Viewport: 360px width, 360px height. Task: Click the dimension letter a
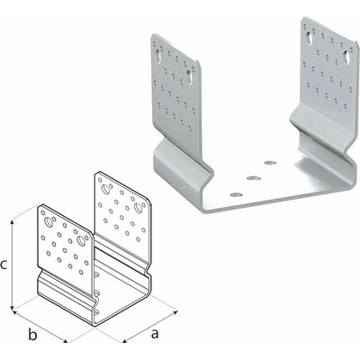(155, 334)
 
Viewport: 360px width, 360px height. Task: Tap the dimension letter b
(32, 335)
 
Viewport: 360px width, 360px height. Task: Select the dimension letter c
(4, 265)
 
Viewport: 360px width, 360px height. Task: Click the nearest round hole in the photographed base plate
(237, 195)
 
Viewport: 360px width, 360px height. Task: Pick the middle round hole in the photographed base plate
(253, 178)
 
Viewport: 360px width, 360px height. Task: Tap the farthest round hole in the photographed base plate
(270, 163)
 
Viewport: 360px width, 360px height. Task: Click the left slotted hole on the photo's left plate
(157, 57)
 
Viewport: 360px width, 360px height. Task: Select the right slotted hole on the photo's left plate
(190, 76)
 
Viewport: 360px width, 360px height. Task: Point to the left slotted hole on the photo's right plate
(309, 38)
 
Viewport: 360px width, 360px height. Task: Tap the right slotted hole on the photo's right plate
(346, 57)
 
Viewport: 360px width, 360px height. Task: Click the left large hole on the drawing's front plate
(48, 222)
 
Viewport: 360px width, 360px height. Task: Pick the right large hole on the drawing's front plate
(80, 240)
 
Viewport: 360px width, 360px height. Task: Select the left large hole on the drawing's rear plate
(106, 189)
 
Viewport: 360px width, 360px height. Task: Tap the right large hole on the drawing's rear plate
(138, 207)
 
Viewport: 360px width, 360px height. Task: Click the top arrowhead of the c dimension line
(12, 222)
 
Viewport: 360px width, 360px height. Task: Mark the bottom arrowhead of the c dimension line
(12, 308)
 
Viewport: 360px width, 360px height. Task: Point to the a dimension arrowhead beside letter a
(125, 340)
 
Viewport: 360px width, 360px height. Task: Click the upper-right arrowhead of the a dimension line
(174, 314)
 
